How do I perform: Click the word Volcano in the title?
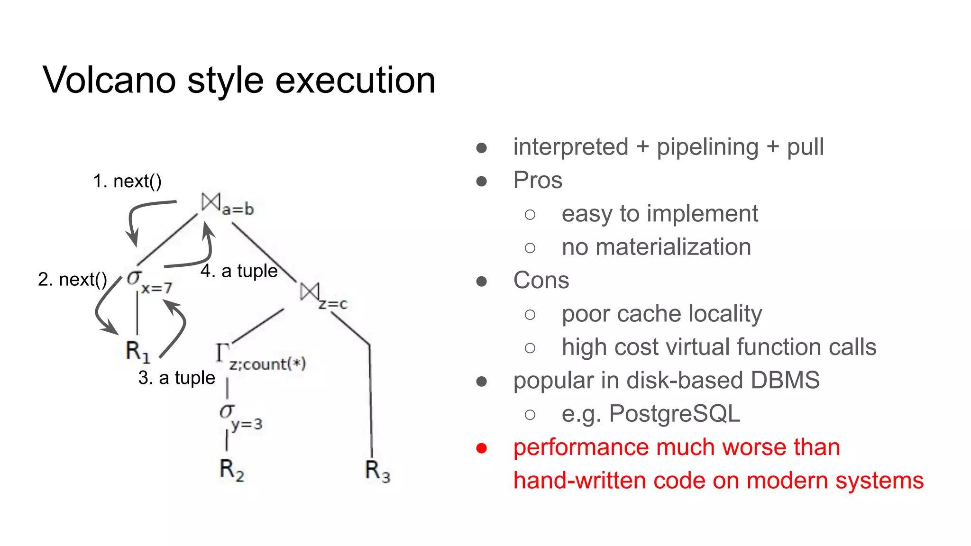(x=110, y=80)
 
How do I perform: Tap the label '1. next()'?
(x=127, y=181)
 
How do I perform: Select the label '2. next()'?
(x=72, y=279)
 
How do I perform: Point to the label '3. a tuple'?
(x=176, y=378)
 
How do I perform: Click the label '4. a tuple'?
(x=239, y=271)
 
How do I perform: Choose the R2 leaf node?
(x=231, y=470)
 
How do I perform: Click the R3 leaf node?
(x=377, y=471)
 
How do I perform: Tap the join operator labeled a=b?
(x=227, y=205)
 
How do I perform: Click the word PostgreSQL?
(x=674, y=414)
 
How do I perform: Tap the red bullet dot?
(x=481, y=448)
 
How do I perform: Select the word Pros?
(x=538, y=180)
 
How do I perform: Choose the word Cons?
(x=541, y=280)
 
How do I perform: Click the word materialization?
(x=673, y=247)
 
